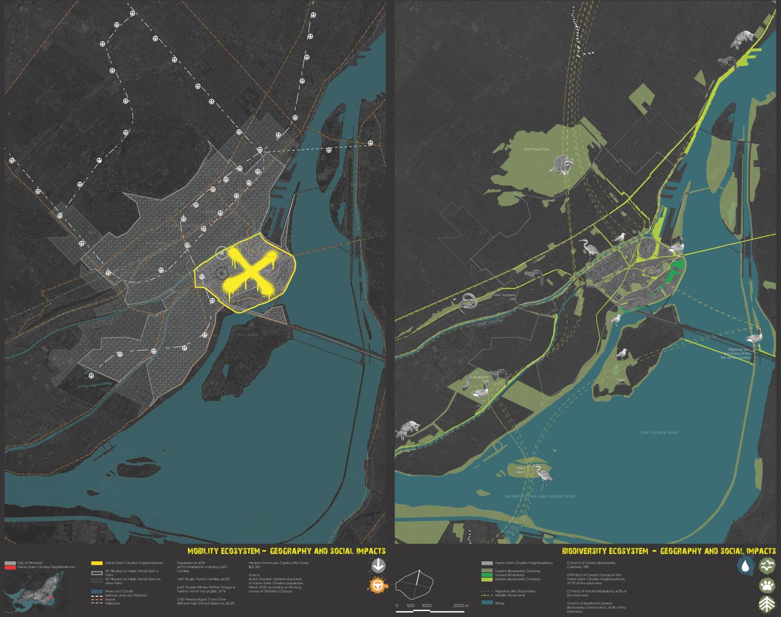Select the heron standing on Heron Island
[544, 474]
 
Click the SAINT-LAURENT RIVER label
[659, 433]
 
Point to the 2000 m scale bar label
[461, 606]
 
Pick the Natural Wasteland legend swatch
[487, 575]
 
